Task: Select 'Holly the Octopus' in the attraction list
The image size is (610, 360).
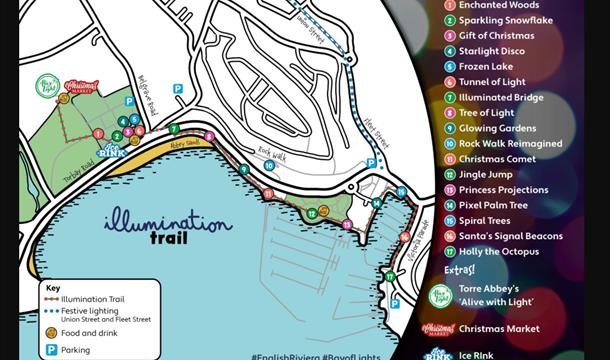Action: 499,252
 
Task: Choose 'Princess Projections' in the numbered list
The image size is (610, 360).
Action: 503,190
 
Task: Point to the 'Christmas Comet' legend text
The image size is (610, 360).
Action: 498,159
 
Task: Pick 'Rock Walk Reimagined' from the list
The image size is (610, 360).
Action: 510,144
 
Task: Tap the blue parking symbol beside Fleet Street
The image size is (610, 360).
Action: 371,163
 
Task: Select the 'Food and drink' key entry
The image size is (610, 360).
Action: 89,334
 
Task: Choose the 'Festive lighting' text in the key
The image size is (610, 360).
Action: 89,311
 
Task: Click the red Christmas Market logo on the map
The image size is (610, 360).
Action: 78,87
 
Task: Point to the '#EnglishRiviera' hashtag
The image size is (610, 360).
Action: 285,355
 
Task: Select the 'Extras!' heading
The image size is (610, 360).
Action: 459,270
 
